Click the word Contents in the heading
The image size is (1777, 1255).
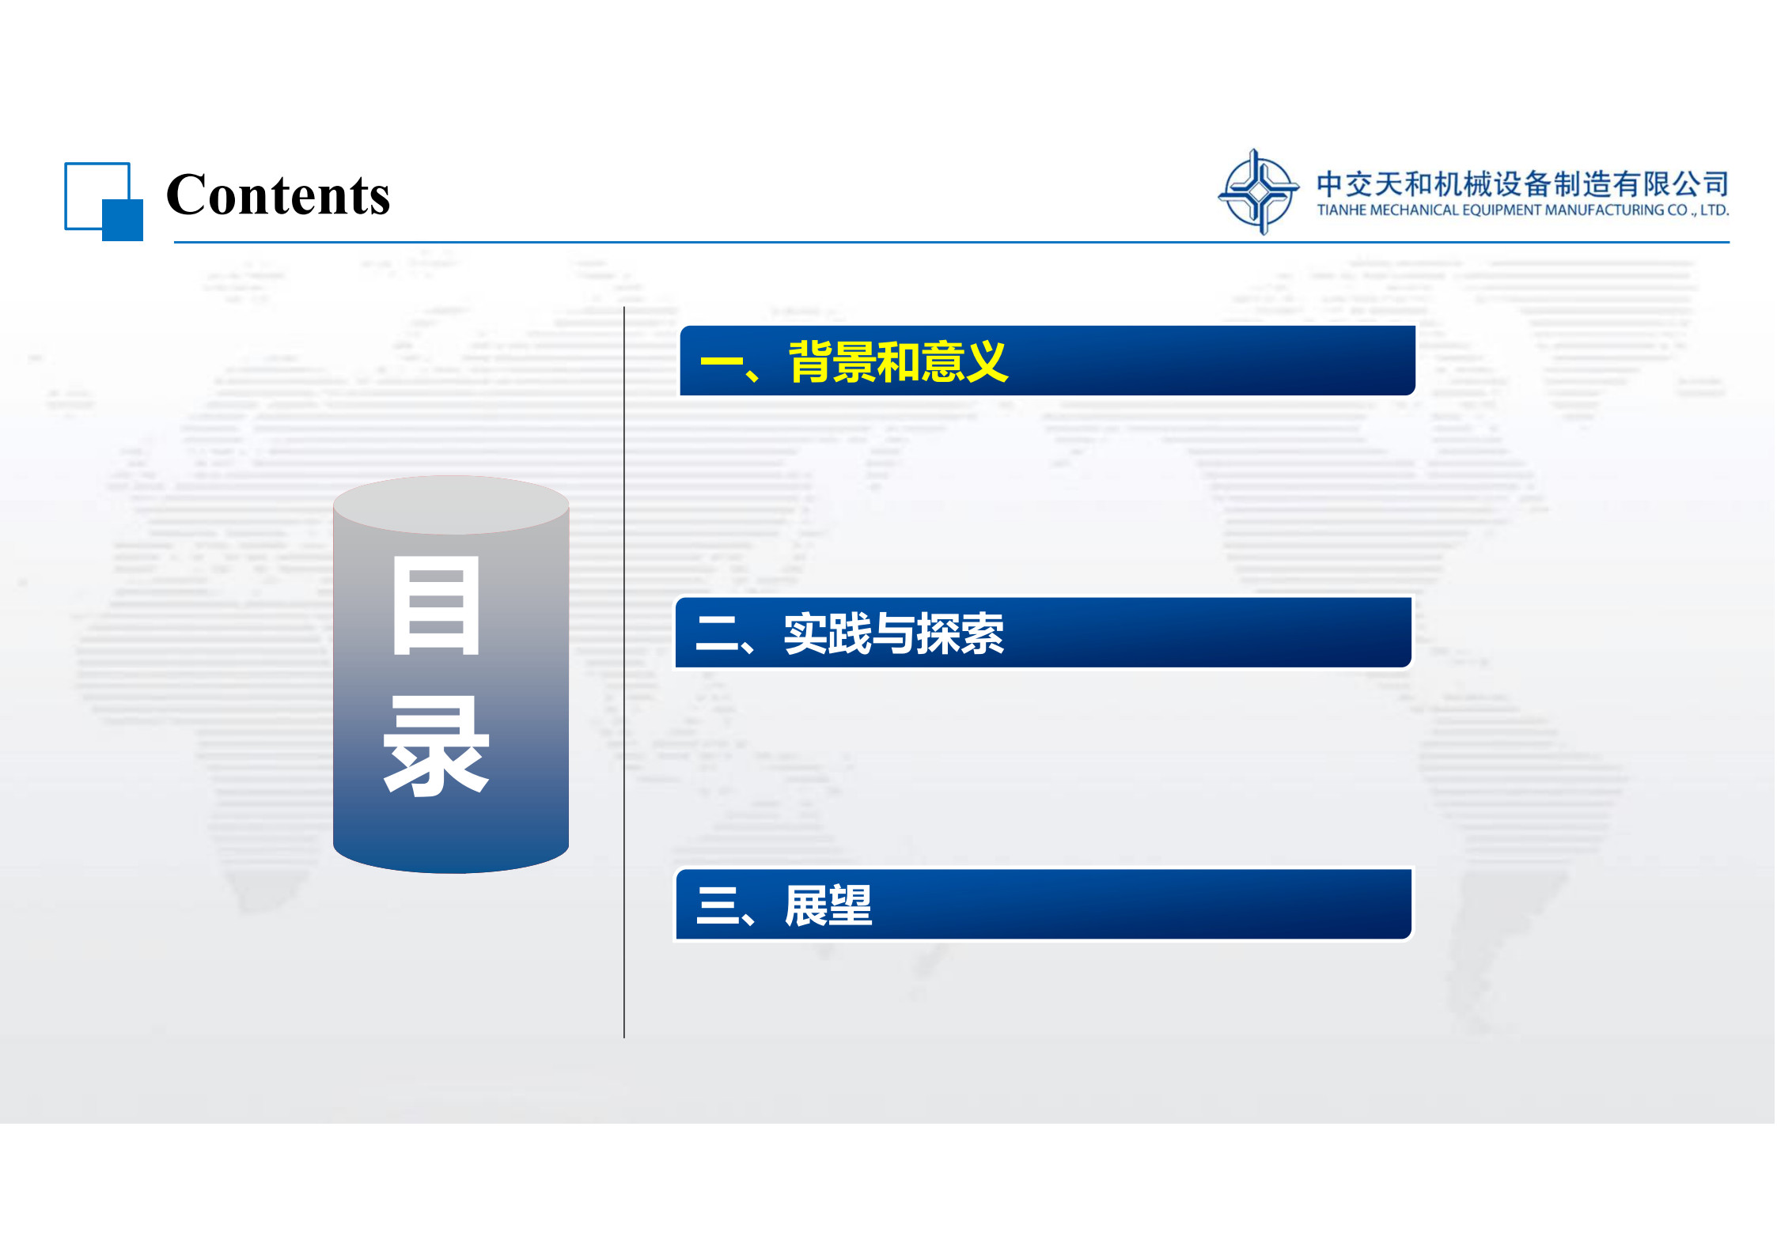278,195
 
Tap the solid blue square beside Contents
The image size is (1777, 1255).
123,220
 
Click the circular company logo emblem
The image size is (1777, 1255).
1258,192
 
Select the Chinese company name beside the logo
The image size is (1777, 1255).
1522,183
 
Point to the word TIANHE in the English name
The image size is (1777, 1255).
1342,210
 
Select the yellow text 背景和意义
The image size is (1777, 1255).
898,362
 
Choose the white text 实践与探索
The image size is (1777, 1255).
894,633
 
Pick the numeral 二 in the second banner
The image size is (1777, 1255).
717,634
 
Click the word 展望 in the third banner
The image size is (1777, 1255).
828,905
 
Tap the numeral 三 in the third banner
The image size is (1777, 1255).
717,905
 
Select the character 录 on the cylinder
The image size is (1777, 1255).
436,746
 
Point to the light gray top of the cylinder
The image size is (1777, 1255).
451,505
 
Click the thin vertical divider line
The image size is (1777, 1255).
624,672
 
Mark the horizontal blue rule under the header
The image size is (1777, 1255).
952,242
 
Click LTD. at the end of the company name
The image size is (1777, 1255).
1714,210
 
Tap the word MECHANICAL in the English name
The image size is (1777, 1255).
1415,210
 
